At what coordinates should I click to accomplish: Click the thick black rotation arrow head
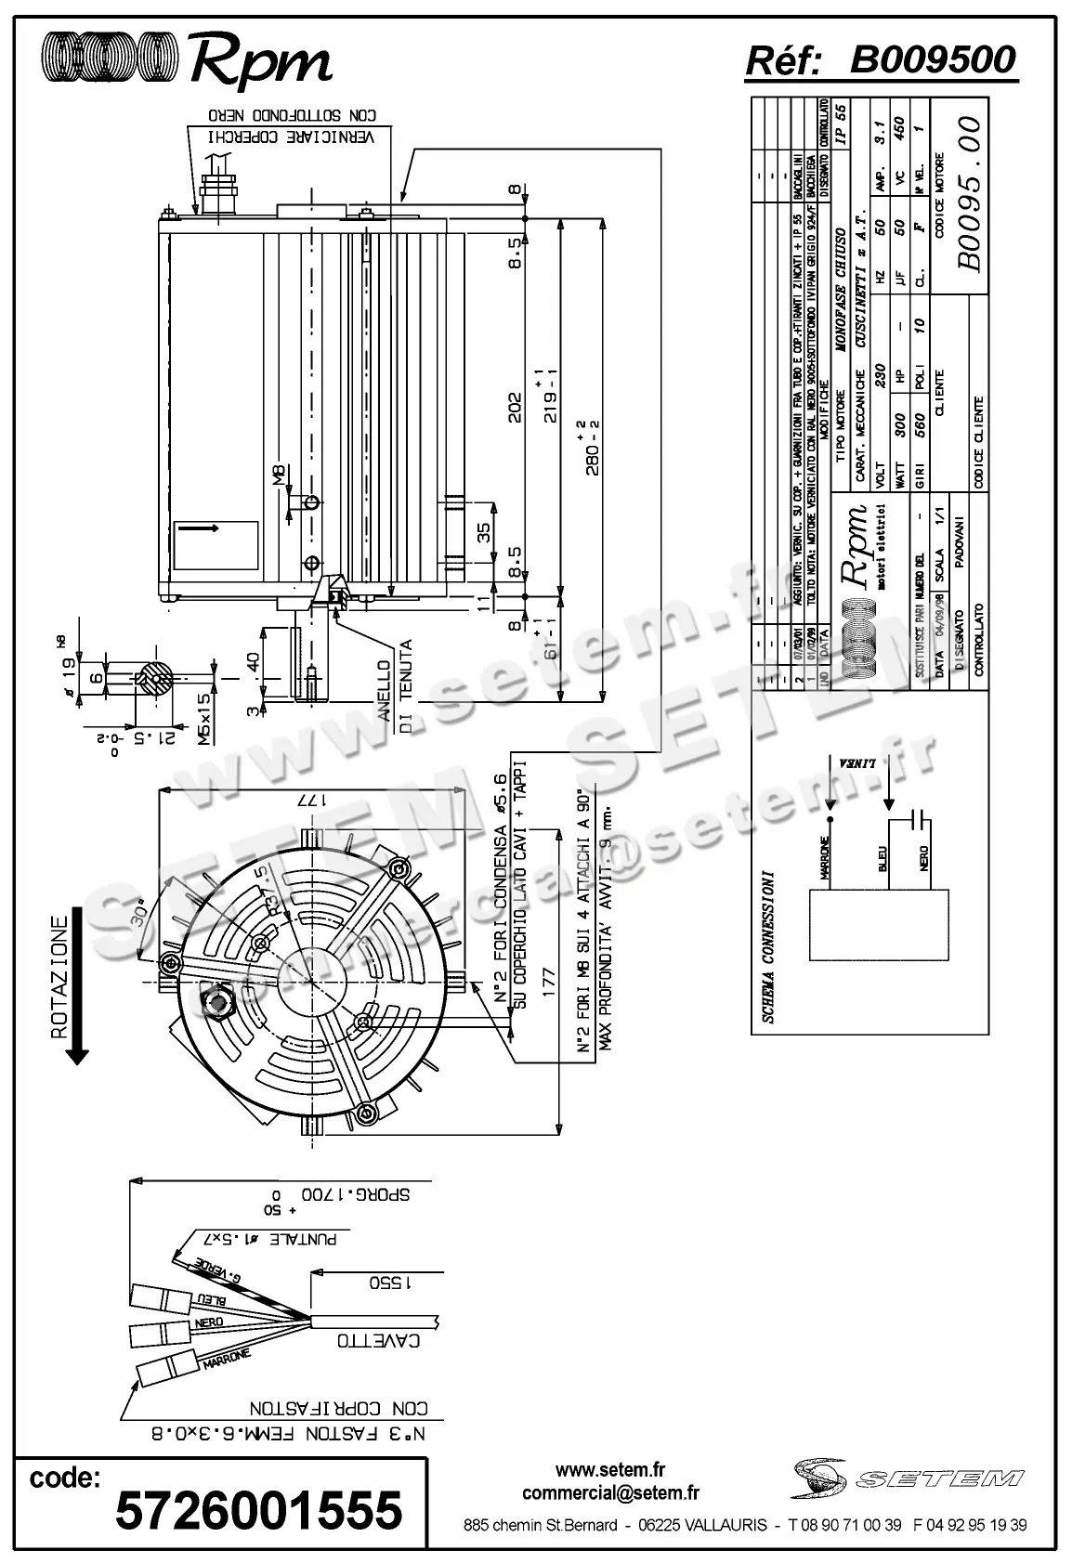(x=77, y=1053)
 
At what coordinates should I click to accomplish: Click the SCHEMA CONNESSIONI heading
(x=767, y=946)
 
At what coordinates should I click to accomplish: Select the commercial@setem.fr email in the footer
(x=610, y=1493)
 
